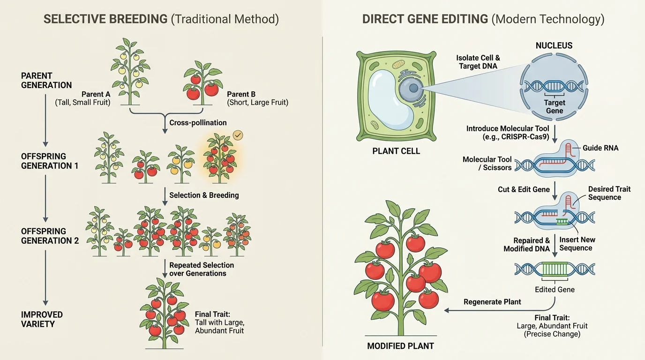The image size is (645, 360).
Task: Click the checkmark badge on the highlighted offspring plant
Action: (x=238, y=135)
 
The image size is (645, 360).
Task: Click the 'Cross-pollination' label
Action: (x=198, y=123)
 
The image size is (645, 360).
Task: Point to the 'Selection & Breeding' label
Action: (x=204, y=195)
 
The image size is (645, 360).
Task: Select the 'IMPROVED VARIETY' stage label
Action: (x=42, y=319)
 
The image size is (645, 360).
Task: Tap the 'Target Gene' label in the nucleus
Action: (x=555, y=107)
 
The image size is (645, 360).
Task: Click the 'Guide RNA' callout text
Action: (x=600, y=148)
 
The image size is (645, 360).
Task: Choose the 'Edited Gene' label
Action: (x=555, y=290)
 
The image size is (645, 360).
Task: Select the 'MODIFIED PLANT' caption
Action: (x=401, y=346)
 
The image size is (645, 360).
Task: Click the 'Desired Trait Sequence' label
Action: (x=609, y=193)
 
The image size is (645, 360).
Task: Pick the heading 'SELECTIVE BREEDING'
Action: (x=105, y=19)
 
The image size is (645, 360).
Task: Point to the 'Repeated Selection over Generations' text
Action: (x=202, y=269)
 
